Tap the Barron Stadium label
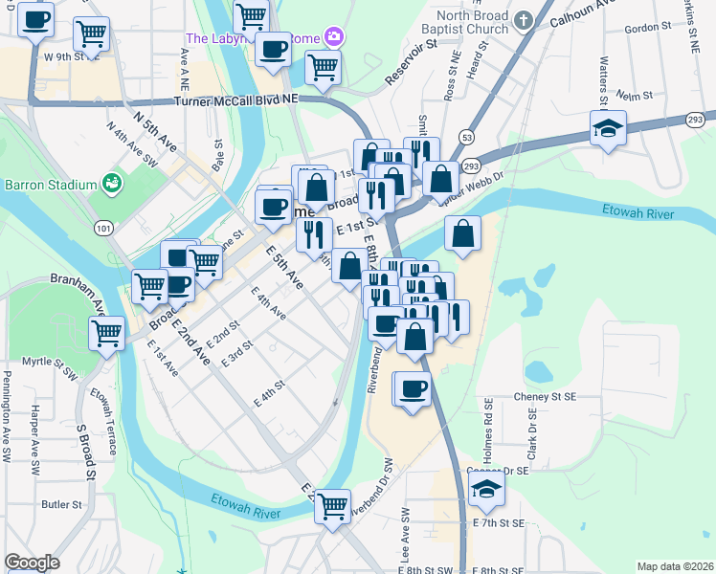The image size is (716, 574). click(x=51, y=184)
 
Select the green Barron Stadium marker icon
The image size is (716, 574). click(x=112, y=182)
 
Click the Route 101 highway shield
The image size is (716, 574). click(x=103, y=228)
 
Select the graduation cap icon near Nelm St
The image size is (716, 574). click(x=608, y=128)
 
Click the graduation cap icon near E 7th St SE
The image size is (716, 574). click(x=487, y=492)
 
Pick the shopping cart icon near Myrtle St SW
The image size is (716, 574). click(x=106, y=334)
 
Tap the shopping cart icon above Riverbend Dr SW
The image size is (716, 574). click(x=332, y=505)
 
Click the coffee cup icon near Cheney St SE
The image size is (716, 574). click(x=413, y=388)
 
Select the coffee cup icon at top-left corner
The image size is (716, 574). click(x=36, y=19)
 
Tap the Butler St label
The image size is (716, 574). click(x=59, y=503)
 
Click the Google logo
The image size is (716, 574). click(x=32, y=563)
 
